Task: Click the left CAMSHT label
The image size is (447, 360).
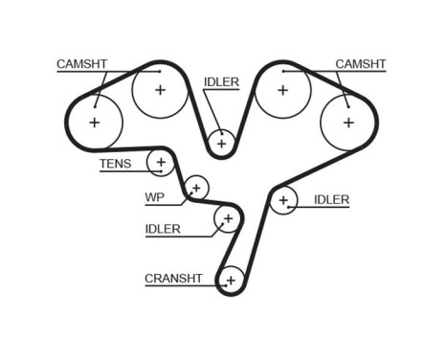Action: point(81,64)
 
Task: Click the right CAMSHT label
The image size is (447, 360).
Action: point(360,64)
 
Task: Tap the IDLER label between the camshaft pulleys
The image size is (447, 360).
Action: point(221,82)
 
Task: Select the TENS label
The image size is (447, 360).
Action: point(115,164)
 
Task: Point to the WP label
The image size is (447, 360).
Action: point(153,199)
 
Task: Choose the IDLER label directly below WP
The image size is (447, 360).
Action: point(163,229)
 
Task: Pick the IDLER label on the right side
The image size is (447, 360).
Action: point(331,200)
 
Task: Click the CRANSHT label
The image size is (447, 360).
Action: point(173,279)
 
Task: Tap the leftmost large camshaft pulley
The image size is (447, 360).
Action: point(94,123)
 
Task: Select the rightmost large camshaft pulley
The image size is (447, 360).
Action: point(347,123)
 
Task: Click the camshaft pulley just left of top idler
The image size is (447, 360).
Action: point(160,90)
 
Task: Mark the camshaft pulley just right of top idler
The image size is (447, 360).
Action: point(282,90)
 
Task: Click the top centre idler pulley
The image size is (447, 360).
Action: point(221,143)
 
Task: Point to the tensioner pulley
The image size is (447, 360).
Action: point(161,163)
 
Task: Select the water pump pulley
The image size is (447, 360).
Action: point(196,186)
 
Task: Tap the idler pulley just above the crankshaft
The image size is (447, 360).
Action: point(228,219)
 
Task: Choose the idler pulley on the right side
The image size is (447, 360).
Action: point(282,200)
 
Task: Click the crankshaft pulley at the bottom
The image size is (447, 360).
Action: point(231,280)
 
